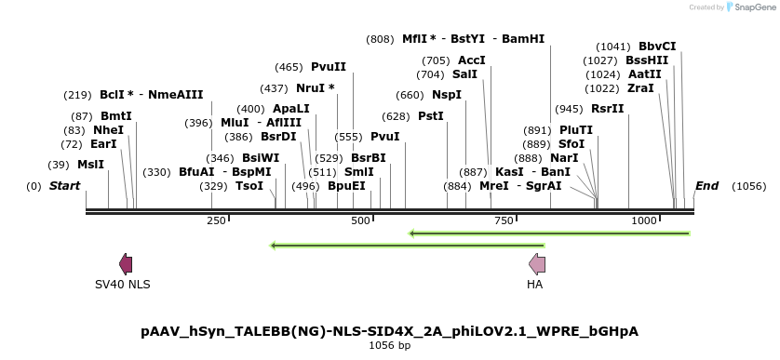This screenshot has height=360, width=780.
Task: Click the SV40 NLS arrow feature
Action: pyautogui.click(x=126, y=264)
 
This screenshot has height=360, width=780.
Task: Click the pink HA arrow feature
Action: pyautogui.click(x=536, y=264)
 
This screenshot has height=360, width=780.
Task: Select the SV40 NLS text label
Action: pyautogui.click(x=122, y=284)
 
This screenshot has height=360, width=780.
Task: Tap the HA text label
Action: pyautogui.click(x=534, y=284)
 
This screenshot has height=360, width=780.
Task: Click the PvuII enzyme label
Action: pyautogui.click(x=328, y=67)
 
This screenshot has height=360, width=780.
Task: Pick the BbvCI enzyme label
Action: pyautogui.click(x=657, y=47)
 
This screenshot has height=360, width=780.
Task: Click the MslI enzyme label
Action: pyautogui.click(x=90, y=164)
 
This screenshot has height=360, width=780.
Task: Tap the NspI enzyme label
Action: pyautogui.click(x=446, y=95)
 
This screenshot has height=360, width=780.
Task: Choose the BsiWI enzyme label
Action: pyautogui.click(x=260, y=158)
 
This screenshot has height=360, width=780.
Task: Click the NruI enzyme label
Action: pyautogui.click(x=315, y=88)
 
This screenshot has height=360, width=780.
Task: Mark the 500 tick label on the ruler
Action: pyautogui.click(x=360, y=220)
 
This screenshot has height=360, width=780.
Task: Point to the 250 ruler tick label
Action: pyautogui.click(x=216, y=220)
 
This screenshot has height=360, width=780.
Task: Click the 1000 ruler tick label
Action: pyautogui.click(x=644, y=220)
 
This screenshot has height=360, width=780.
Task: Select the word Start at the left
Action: pyautogui.click(x=64, y=186)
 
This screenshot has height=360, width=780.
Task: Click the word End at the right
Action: pyautogui.click(x=706, y=185)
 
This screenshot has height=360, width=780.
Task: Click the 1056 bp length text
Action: pyautogui.click(x=390, y=346)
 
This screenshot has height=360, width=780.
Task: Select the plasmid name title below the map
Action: pyautogui.click(x=390, y=331)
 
